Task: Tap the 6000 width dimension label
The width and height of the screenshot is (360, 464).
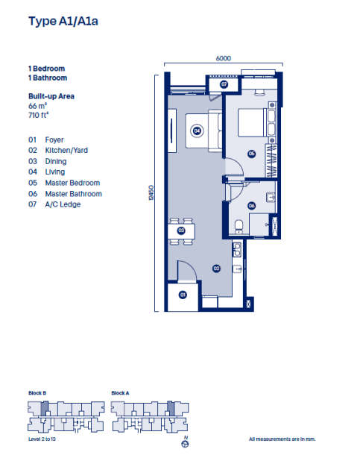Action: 222,57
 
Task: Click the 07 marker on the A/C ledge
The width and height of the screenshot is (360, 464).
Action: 224,84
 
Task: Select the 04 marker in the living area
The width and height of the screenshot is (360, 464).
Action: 197,131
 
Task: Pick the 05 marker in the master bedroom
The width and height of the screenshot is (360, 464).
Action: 251,154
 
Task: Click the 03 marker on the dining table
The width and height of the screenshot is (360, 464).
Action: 181,231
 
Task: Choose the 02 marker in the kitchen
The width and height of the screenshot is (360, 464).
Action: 216,268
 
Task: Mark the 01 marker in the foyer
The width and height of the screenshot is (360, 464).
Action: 182,295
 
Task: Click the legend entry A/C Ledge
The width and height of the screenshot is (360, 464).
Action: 63,204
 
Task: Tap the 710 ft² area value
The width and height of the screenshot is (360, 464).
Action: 40,116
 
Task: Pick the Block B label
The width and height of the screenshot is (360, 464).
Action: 38,392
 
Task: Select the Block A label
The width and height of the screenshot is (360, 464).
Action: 121,392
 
